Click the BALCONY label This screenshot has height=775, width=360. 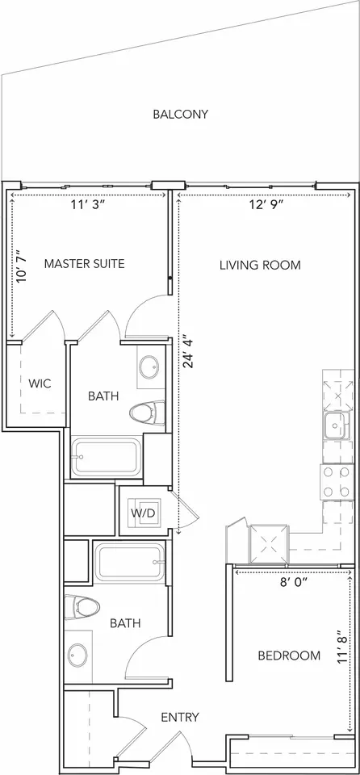point(181,114)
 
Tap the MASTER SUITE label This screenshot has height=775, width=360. point(84,263)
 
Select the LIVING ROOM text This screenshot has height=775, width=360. point(260,265)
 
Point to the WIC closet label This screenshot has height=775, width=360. point(40,383)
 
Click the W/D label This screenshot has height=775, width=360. point(144,513)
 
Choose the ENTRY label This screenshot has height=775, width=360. point(180,717)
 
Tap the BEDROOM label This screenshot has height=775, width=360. point(289,656)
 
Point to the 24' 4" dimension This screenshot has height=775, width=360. point(188,353)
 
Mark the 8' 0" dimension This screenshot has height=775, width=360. point(295,582)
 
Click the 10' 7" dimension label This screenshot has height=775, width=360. point(21,266)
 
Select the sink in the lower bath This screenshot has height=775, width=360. point(77,655)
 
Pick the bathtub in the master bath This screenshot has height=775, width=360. point(107,457)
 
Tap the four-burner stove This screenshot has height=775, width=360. point(337,482)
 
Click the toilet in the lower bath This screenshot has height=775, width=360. point(82,606)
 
